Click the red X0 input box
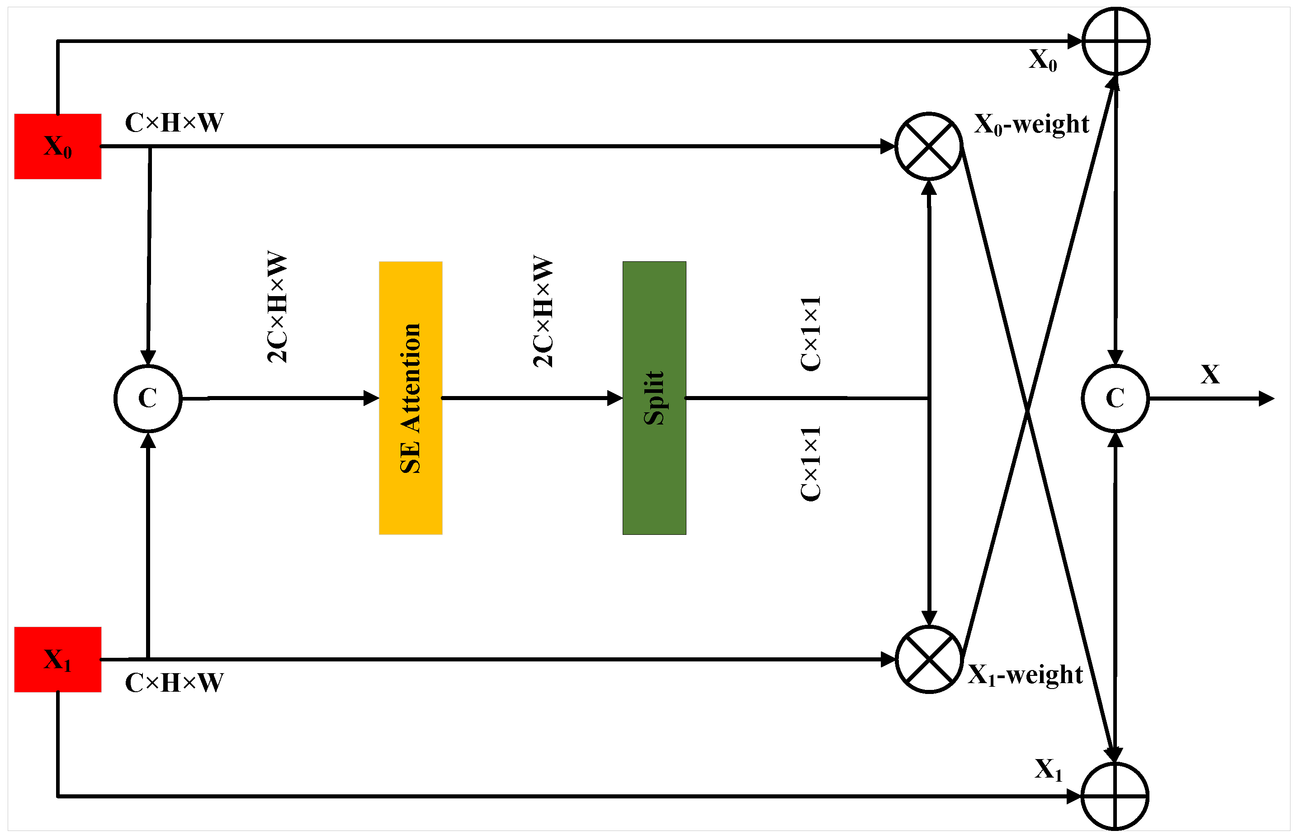coord(57,146)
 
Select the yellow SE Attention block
coord(410,398)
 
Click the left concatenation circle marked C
coord(148,398)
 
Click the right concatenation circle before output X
coord(1115,398)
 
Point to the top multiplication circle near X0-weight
coord(928,146)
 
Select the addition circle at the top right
coord(1116,41)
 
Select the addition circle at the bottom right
coord(1115,796)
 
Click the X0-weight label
coord(1031,124)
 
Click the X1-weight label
coord(1025,675)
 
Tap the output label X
coord(1210,374)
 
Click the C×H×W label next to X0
coord(174,122)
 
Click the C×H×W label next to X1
coord(174,682)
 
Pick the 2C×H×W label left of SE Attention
coord(277,307)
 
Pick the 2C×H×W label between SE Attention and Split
coord(542,311)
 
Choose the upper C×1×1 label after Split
coord(810,333)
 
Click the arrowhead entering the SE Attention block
coord(372,398)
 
